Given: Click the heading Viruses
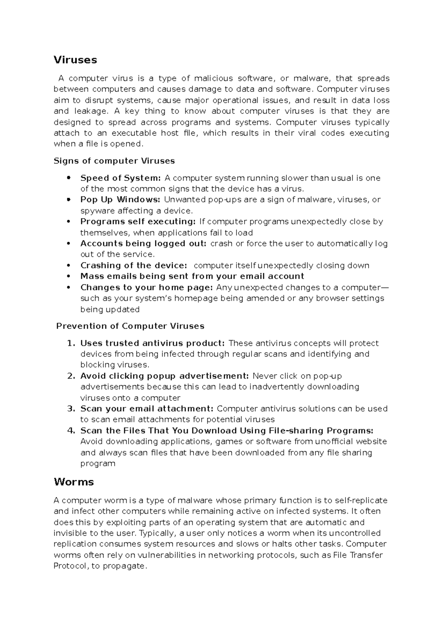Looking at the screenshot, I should [75, 60].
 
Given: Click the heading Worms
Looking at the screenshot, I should [74, 482].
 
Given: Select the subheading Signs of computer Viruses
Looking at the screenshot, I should [114, 161].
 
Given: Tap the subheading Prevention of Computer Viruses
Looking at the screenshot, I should [130, 326].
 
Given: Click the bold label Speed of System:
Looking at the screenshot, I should [121, 178].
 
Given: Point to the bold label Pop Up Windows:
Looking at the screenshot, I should [120, 200].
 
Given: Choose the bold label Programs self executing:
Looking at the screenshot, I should [138, 222].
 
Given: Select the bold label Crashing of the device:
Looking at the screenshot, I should [134, 265].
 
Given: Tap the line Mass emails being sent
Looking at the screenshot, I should [192, 276].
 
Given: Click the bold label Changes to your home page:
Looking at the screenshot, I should [147, 288].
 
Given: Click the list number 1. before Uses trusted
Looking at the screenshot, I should [71, 343].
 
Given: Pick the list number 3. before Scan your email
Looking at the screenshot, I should [71, 409].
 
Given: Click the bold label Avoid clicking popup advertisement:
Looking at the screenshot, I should [165, 376].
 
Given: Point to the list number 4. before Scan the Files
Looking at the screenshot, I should [71, 431].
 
